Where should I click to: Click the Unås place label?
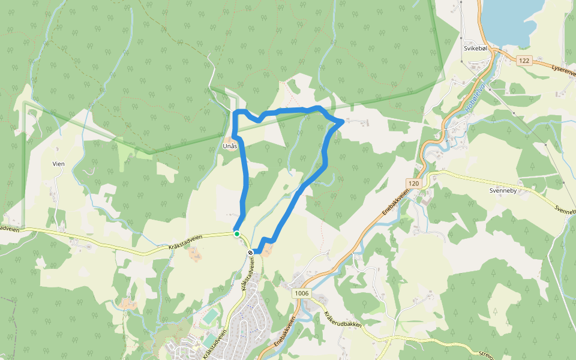point(230,146)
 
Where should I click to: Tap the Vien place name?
point(58,163)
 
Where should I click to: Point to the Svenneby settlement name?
point(503,188)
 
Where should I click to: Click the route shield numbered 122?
point(525,60)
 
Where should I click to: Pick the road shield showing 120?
point(413,183)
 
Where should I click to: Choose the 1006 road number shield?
point(302,293)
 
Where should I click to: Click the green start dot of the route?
point(237,233)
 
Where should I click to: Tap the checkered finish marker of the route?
point(251,253)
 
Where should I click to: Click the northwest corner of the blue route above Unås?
point(235,112)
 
